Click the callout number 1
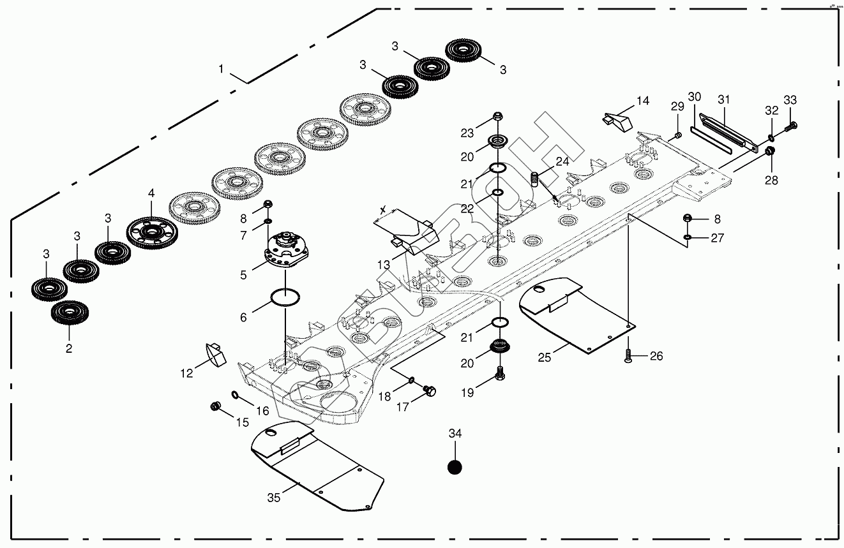[221, 69]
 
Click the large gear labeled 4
[151, 232]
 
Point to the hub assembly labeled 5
[287, 250]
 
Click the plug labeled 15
[215, 406]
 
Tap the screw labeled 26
[628, 357]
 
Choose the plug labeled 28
[771, 151]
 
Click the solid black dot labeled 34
[454, 467]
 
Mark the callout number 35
[273, 498]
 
